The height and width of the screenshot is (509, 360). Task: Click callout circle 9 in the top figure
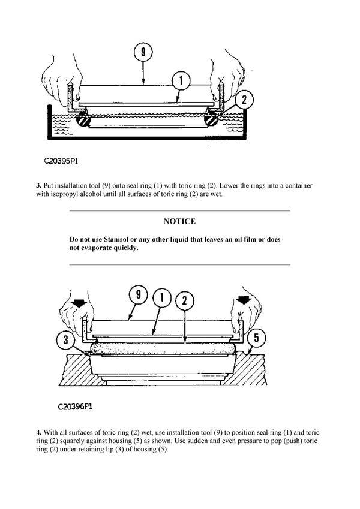[x=143, y=53]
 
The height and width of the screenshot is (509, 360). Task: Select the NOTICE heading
[x=179, y=222]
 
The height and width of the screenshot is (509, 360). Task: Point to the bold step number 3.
[x=38, y=186]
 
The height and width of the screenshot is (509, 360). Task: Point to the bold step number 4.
[x=38, y=432]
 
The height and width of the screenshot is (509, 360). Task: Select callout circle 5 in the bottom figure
[x=256, y=338]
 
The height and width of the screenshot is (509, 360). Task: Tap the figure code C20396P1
[x=75, y=406]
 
